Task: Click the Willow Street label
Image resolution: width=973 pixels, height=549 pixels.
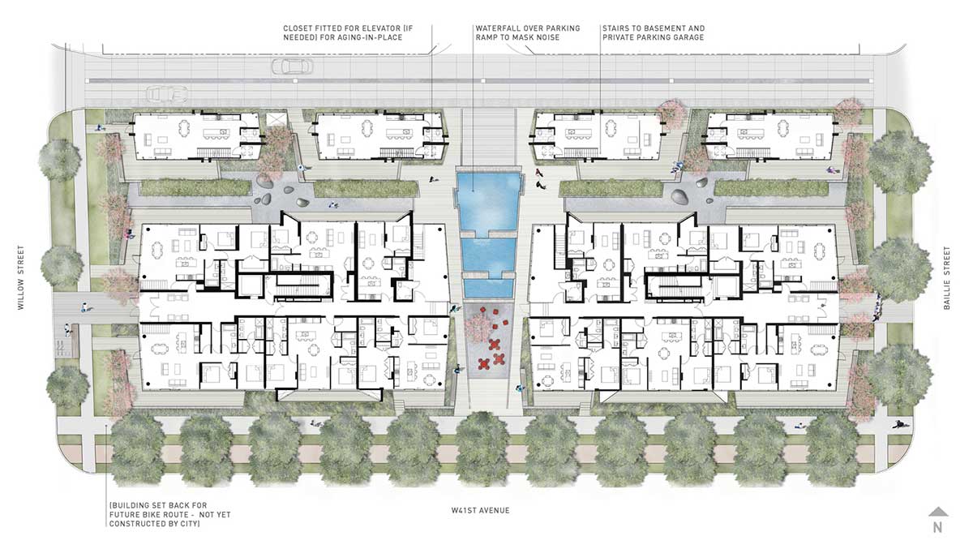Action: point(21,277)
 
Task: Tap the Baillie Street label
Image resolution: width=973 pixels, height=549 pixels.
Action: point(947,278)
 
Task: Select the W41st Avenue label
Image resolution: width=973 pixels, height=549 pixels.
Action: point(480,510)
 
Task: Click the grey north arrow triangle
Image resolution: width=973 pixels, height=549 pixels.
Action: point(938,512)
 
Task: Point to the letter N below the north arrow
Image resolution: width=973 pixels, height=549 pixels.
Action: point(938,528)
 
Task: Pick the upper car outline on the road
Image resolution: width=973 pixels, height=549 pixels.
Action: point(292,66)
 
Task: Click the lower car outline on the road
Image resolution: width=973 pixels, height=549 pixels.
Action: point(167,93)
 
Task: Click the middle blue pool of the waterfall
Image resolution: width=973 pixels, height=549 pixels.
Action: point(488,257)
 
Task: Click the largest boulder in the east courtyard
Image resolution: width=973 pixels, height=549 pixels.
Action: point(679,197)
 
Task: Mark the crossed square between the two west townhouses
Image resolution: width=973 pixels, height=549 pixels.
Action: point(276,119)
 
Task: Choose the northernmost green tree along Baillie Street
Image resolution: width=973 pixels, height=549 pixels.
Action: point(900,161)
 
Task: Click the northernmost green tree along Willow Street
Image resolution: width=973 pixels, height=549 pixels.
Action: point(59,160)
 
